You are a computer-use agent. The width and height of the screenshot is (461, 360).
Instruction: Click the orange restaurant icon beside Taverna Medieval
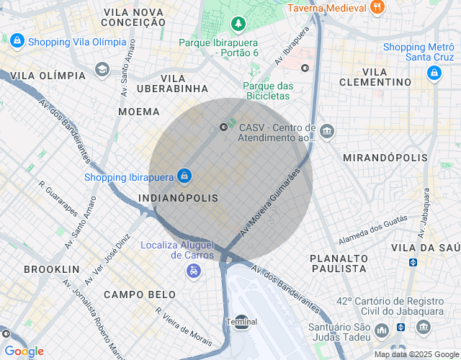(x=376, y=8)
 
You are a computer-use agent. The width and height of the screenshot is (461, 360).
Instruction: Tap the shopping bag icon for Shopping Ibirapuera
(x=185, y=176)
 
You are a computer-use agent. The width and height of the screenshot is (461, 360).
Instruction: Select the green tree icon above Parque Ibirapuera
(x=238, y=25)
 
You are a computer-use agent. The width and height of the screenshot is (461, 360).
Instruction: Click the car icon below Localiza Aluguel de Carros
(x=193, y=271)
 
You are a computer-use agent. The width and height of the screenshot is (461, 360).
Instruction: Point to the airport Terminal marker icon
(x=241, y=322)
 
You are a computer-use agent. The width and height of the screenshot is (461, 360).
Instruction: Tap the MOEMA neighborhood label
(x=140, y=112)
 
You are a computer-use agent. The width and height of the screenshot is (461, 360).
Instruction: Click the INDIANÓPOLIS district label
(x=177, y=197)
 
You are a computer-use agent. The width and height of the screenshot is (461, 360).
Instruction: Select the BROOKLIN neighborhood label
(x=51, y=269)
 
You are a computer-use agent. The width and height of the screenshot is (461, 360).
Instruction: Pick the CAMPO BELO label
(x=140, y=294)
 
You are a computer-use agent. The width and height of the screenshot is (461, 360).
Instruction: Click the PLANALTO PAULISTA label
(x=338, y=263)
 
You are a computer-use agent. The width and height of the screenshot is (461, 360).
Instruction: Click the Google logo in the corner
(x=24, y=351)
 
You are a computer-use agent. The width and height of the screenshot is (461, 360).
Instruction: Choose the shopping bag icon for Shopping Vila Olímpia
(x=17, y=42)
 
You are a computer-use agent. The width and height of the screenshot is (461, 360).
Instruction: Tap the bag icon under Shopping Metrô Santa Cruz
(x=434, y=73)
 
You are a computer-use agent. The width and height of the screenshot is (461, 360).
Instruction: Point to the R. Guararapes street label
(x=59, y=199)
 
